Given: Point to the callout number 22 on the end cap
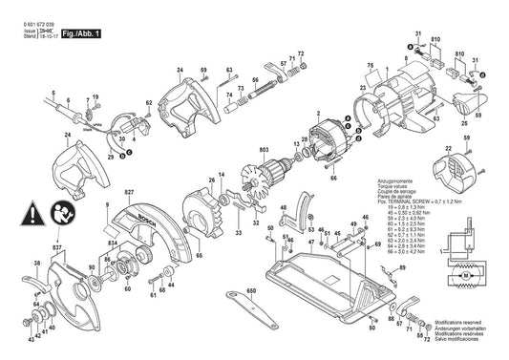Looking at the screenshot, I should [x=448, y=149].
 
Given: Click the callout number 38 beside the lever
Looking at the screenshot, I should [x=36, y=263].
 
